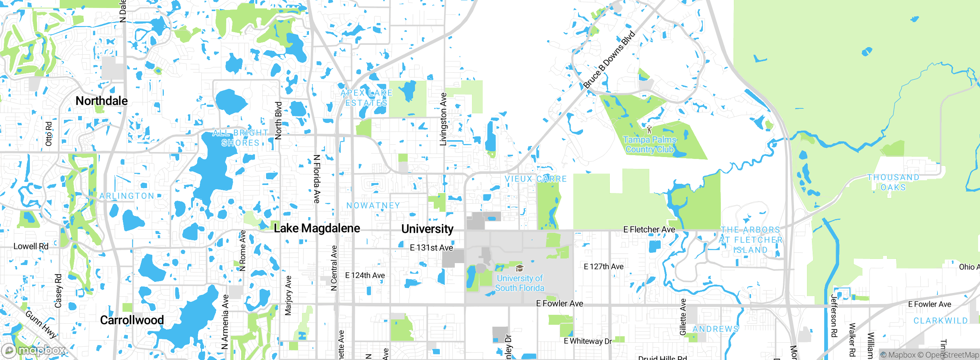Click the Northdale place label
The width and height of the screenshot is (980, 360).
(x=101, y=101)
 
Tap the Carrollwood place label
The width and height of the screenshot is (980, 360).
(x=132, y=320)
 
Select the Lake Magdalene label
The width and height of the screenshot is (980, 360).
(x=317, y=228)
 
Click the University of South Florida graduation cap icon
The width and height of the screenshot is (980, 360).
(x=519, y=268)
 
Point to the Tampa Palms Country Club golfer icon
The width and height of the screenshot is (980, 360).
(x=649, y=129)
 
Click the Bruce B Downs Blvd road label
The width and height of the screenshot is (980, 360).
(x=609, y=59)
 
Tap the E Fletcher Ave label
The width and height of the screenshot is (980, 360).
(x=649, y=229)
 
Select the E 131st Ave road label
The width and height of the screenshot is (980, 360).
(x=431, y=248)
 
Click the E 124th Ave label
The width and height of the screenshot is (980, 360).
(x=365, y=275)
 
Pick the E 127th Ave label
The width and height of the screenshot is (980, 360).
(x=603, y=267)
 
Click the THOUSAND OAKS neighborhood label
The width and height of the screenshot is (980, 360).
(x=893, y=182)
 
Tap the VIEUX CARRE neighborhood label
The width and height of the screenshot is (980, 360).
(x=535, y=179)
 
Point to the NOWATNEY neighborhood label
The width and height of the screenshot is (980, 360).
(x=373, y=206)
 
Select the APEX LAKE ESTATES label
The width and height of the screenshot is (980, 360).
(x=366, y=98)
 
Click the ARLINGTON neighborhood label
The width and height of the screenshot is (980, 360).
(x=127, y=196)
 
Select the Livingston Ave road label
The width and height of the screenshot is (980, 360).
(x=443, y=119)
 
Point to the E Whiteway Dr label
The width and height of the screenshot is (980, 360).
(x=588, y=341)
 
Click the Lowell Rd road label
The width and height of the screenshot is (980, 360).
(x=31, y=246)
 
